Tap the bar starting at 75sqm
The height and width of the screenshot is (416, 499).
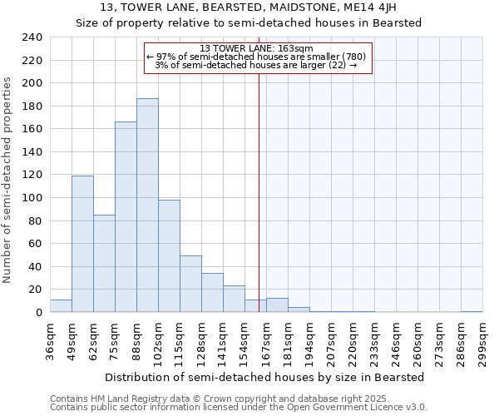(126, 217)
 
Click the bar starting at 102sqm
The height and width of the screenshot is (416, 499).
(169, 256)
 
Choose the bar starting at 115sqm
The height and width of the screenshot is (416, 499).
(190, 284)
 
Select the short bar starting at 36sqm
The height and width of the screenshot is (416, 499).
(61, 306)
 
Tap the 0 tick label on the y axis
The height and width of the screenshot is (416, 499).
(38, 313)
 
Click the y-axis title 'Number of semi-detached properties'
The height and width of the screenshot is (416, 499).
(7, 180)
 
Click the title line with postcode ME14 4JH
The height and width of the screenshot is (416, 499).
(249, 7)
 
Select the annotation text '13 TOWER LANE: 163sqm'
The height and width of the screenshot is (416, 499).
(256, 48)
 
